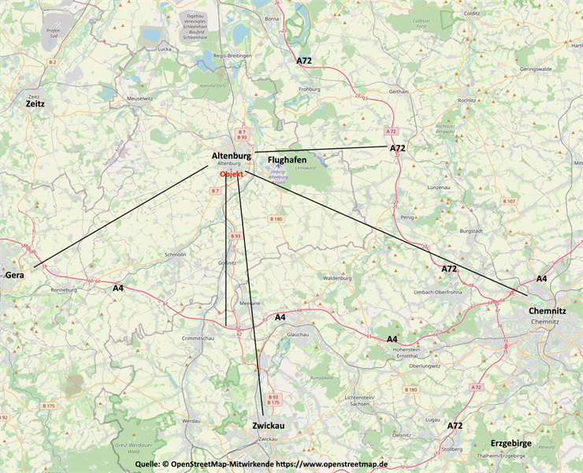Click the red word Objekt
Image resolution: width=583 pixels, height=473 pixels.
tap(232, 174)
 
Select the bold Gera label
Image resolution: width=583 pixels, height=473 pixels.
tap(14, 276)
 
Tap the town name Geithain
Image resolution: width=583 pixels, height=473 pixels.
tap(399, 91)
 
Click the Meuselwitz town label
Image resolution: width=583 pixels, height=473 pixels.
tap(141, 99)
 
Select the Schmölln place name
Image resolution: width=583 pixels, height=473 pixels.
tap(175, 255)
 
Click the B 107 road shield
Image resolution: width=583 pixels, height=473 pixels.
tap(509, 202)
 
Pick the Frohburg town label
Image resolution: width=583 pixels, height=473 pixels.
tap(310, 89)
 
